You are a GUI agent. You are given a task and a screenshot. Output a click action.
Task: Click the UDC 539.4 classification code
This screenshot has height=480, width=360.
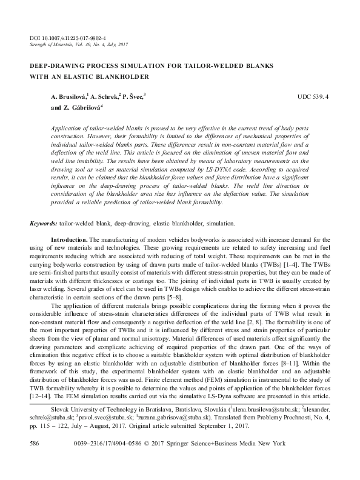point(313,97)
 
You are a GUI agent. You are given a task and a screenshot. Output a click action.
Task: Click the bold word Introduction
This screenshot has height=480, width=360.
point(70,241)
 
